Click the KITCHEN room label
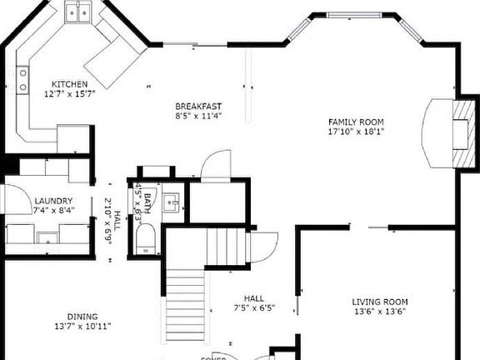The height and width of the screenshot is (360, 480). (x=70, y=84)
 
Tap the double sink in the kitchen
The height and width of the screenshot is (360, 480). (x=79, y=12)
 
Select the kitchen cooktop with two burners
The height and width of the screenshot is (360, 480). (x=22, y=80)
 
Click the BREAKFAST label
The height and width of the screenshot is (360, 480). (x=198, y=106)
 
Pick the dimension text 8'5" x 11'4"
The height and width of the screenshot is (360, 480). (x=198, y=116)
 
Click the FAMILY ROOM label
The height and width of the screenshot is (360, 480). (x=357, y=121)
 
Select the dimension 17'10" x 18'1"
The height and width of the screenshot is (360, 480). (x=357, y=131)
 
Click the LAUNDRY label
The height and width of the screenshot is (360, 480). (x=52, y=201)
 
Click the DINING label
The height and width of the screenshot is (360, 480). (x=82, y=317)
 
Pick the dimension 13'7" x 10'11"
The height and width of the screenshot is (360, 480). (x=82, y=327)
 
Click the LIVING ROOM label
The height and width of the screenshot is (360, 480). (x=379, y=302)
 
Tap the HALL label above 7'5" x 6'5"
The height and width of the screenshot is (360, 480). (x=253, y=297)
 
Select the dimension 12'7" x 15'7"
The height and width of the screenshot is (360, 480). (x=70, y=94)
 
